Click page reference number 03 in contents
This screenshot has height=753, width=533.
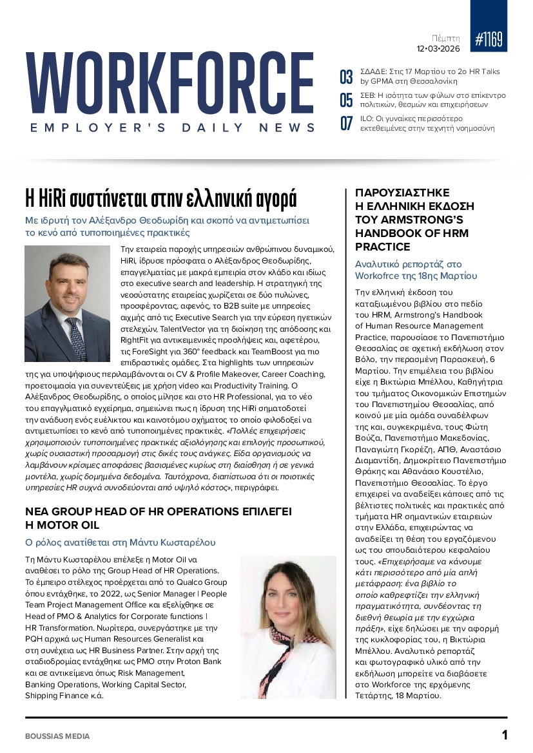coord(346,77)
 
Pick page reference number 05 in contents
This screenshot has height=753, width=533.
coord(346,100)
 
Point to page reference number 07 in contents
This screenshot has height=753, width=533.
coord(346,122)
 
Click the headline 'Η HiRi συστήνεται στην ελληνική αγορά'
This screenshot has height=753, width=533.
coord(160,196)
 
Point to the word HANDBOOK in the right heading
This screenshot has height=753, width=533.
coord(387,233)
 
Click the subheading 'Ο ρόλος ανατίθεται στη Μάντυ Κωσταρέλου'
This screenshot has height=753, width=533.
coord(120,542)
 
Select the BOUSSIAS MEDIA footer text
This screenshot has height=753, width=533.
coord(57,736)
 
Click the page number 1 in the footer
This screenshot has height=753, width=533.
coord(505,735)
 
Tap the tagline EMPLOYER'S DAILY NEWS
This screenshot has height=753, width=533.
coord(173,128)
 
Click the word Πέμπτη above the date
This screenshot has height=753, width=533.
coord(445,38)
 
